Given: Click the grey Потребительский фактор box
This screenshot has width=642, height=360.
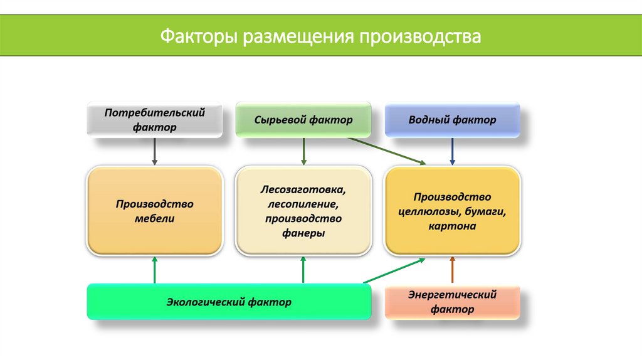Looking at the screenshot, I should pyautogui.click(x=154, y=119).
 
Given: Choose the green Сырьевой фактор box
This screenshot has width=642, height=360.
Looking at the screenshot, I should pyautogui.click(x=303, y=119).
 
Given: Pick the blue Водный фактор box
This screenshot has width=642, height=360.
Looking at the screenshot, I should pyautogui.click(x=452, y=119).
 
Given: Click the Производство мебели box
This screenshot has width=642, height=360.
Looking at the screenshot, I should pyautogui.click(x=154, y=211).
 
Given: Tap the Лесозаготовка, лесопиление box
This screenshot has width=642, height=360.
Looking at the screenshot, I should pyautogui.click(x=303, y=211).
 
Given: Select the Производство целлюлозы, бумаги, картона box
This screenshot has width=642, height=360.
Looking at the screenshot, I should pyautogui.click(x=452, y=211).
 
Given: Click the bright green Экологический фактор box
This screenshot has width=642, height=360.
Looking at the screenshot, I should pyautogui.click(x=228, y=302).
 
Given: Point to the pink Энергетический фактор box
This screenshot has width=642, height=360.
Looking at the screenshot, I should pyautogui.click(x=452, y=302).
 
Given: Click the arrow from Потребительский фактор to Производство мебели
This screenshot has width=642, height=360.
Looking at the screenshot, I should pyautogui.click(x=154, y=151).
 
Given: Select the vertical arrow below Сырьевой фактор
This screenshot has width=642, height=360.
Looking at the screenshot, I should pyautogui.click(x=303, y=151).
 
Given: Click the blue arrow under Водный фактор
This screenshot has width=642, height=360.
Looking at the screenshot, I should pyautogui.click(x=452, y=151).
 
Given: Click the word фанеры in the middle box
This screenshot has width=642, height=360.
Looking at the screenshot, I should pyautogui.click(x=303, y=233).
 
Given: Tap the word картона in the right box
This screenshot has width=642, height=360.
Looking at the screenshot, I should pyautogui.click(x=452, y=226).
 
